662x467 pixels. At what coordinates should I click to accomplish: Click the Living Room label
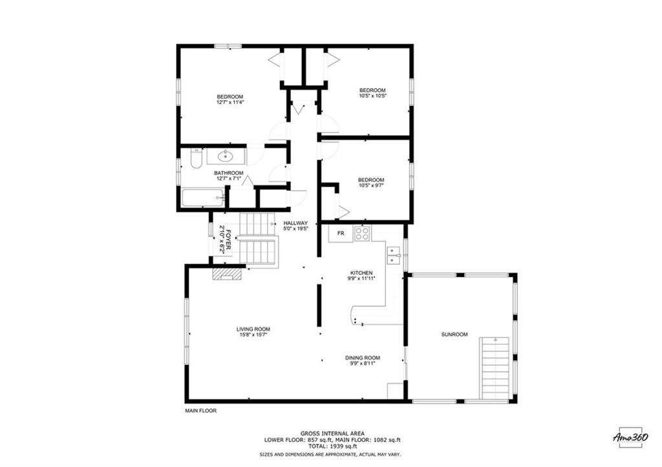(253, 329)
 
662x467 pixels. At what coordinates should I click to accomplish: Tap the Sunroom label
(454, 335)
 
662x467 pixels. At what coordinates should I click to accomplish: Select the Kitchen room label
(361, 273)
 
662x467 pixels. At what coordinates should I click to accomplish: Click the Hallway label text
(295, 223)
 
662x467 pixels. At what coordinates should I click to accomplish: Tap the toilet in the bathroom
(197, 159)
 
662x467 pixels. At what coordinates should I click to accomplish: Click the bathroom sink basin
(226, 156)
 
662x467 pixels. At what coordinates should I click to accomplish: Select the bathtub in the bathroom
(202, 198)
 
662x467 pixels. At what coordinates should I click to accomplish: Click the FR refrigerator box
(341, 233)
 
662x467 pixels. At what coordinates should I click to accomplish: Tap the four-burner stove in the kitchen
(362, 233)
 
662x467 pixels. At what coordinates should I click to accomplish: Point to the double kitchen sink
(394, 255)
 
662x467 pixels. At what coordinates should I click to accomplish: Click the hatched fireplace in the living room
(227, 275)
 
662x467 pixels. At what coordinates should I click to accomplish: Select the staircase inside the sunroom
(495, 368)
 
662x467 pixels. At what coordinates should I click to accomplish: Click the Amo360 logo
(630, 437)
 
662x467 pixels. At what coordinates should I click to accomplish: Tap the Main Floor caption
(201, 410)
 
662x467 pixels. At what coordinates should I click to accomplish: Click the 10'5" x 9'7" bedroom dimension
(371, 185)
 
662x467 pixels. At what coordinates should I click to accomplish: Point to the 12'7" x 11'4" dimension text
(230, 101)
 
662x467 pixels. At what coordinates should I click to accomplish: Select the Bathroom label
(229, 173)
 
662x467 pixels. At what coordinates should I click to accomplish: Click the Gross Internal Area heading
(332, 433)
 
